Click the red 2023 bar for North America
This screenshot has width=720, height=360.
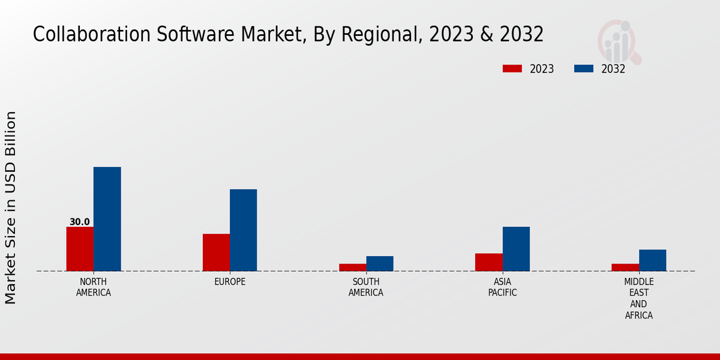click(80, 248)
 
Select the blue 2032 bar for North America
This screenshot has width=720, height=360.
click(107, 218)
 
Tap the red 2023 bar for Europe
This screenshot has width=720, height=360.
click(216, 252)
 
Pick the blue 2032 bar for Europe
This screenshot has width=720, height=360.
click(243, 230)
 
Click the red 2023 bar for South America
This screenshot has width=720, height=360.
click(352, 267)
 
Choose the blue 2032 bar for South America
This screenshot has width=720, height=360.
click(380, 263)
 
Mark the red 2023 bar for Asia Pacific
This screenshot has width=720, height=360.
click(488, 262)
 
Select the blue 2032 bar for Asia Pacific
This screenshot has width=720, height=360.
click(516, 248)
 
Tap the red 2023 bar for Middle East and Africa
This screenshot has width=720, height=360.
click(625, 267)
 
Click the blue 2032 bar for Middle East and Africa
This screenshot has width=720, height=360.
click(652, 260)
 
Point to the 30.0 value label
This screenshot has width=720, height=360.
click(80, 222)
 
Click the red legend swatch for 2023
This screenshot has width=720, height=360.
click(512, 68)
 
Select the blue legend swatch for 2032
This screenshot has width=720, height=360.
click(583, 68)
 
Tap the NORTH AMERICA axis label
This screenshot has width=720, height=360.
click(94, 287)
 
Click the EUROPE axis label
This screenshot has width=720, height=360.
click(230, 282)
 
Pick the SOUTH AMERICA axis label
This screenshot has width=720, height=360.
click(366, 287)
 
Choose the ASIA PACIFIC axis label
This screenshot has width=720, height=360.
click(502, 287)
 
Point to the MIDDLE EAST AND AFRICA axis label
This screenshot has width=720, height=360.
click(638, 299)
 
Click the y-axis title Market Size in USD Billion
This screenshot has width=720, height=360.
click(11, 207)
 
